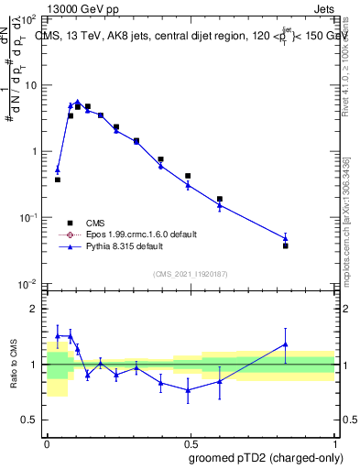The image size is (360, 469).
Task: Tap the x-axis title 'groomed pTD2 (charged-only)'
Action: pos(266,458)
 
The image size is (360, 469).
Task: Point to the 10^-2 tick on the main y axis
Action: pos(29,283)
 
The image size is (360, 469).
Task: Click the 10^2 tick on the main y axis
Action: pos(30,19)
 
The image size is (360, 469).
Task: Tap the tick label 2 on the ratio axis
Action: pos(35,309)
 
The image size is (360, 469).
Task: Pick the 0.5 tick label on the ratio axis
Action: pos(31,420)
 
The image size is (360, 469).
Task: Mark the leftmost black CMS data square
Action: pos(58,180)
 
